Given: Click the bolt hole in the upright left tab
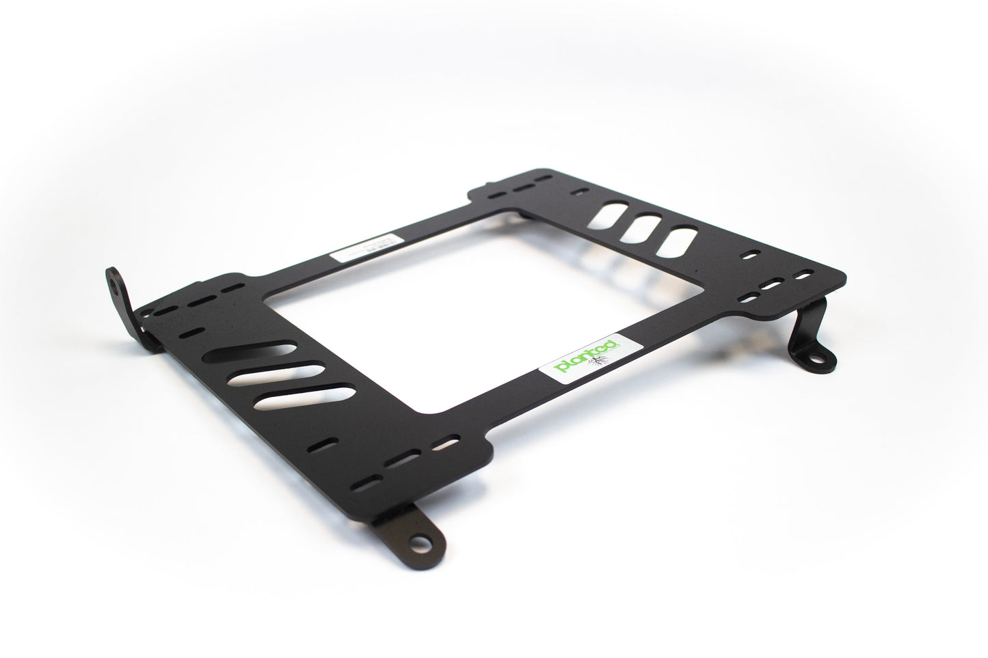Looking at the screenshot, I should [111, 282].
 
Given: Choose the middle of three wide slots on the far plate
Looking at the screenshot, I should [640, 228].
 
